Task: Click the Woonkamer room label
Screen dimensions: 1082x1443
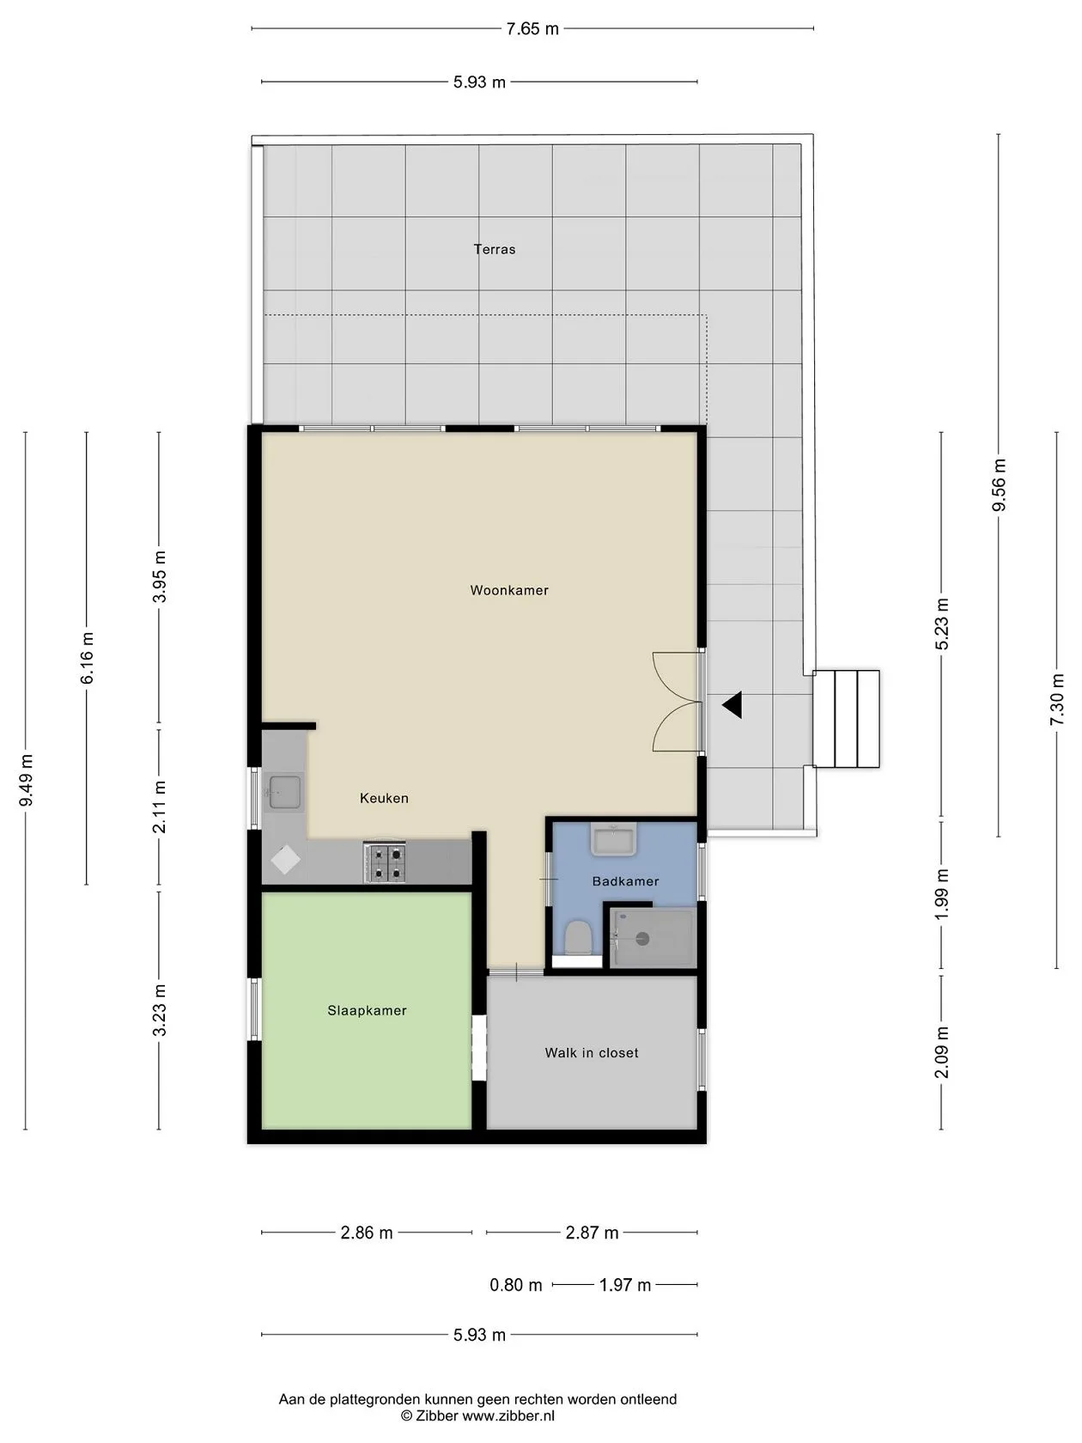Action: pyautogui.click(x=509, y=590)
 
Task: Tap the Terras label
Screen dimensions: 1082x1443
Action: pyautogui.click(x=495, y=249)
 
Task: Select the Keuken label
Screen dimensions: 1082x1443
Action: pyautogui.click(x=385, y=798)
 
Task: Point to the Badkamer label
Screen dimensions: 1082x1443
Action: pyautogui.click(x=625, y=881)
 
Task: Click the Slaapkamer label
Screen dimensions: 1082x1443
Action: pyautogui.click(x=368, y=1010)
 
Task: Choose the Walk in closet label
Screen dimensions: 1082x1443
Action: pyautogui.click(x=592, y=1052)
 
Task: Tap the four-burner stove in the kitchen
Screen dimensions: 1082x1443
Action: pyautogui.click(x=385, y=862)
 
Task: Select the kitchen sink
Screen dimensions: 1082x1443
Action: pyautogui.click(x=284, y=792)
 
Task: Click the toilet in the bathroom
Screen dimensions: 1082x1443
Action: pyautogui.click(x=577, y=937)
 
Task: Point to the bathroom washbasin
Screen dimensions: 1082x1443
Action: pyautogui.click(x=613, y=839)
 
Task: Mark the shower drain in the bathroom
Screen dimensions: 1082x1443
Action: pyautogui.click(x=642, y=939)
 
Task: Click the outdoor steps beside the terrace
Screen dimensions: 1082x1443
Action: pyautogui.click(x=846, y=719)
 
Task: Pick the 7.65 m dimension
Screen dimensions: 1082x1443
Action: pyautogui.click(x=532, y=29)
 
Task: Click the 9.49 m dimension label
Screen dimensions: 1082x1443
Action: pyautogui.click(x=26, y=780)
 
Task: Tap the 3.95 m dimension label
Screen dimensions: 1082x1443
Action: pyautogui.click(x=159, y=576)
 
